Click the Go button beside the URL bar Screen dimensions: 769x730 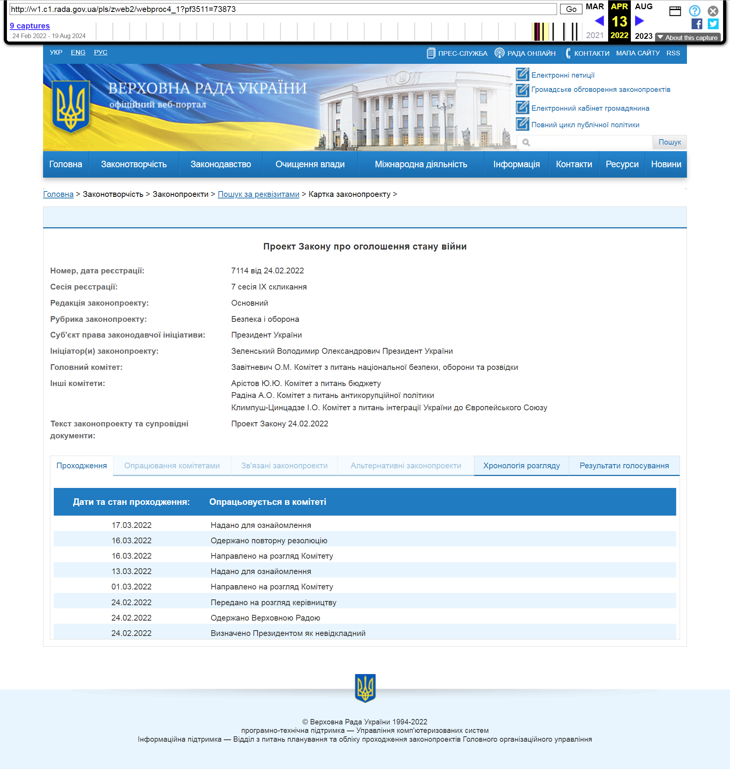coord(570,9)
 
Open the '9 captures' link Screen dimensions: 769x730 coord(30,26)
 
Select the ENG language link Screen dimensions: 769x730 coord(78,52)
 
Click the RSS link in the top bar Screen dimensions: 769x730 coord(673,53)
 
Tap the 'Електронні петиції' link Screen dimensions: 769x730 coord(562,75)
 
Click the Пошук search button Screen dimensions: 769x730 coord(669,142)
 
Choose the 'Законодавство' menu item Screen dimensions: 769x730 coord(221,164)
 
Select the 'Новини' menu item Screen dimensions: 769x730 coord(666,164)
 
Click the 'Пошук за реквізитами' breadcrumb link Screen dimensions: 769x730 coord(258,194)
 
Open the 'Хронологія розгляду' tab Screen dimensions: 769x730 coord(521,466)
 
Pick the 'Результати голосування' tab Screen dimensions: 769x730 coord(624,466)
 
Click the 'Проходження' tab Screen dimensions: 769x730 coord(81,466)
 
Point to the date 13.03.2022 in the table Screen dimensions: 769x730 coord(131,571)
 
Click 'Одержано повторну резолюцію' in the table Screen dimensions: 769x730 coord(269,541)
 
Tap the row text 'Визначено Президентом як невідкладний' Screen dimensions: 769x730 coord(288,633)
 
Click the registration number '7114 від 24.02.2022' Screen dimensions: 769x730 coord(267,270)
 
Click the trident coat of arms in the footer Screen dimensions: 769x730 coord(365,688)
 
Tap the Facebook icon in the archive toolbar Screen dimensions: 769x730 coord(697,24)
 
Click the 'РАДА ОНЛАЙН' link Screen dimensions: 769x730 coord(531,53)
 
